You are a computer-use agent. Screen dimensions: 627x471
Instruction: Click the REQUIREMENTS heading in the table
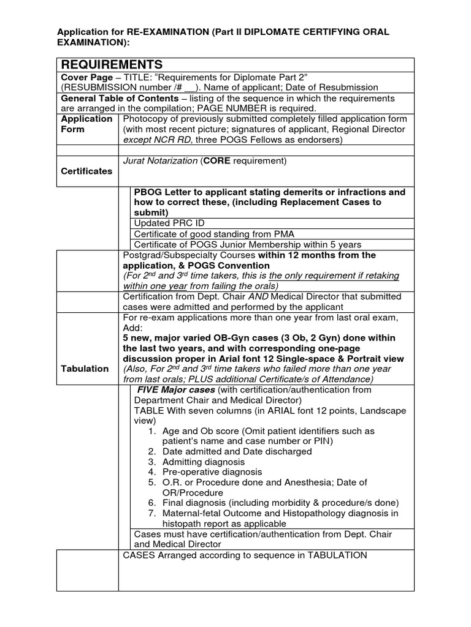[x=111, y=65]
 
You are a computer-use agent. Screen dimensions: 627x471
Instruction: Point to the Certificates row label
[x=86, y=171]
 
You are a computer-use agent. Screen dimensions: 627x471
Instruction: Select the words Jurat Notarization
[x=161, y=161]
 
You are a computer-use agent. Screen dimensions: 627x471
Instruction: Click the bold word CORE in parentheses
[x=218, y=161]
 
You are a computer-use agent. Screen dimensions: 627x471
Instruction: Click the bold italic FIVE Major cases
[x=175, y=390]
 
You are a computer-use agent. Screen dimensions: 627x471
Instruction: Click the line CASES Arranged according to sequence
[x=245, y=555]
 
